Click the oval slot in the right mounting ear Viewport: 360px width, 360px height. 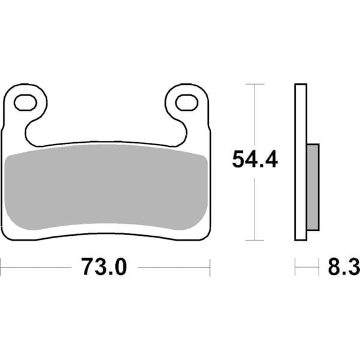pos(186,103)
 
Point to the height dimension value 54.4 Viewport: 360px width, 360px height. pos(255,160)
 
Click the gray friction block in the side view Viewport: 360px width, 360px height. pos(313,187)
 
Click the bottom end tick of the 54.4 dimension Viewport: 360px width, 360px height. pos(256,240)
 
